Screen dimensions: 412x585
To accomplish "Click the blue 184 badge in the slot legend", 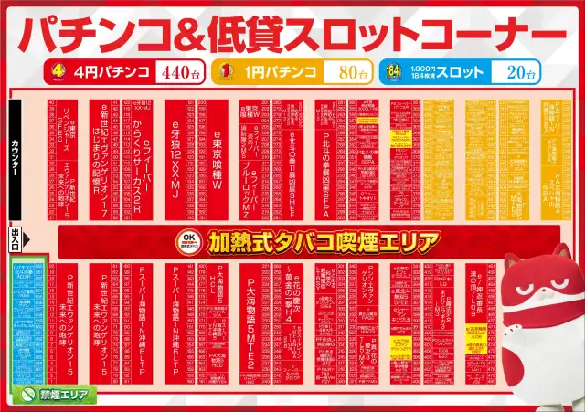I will coord(394,70).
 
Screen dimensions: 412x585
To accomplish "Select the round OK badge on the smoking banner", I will coord(188,241).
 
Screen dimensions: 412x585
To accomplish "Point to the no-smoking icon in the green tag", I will coord(27,395).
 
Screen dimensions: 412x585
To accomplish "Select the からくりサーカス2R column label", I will coord(137,155).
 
